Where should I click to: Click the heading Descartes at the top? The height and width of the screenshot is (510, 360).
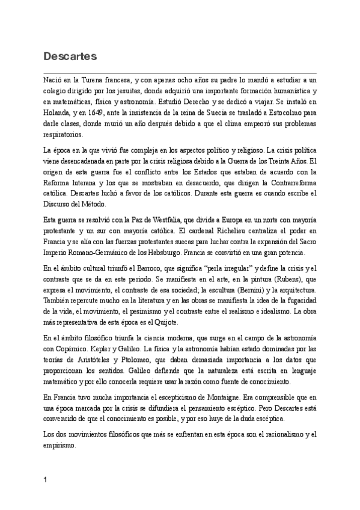click(x=70, y=57)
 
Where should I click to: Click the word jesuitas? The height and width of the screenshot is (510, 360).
click(x=147, y=90)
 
